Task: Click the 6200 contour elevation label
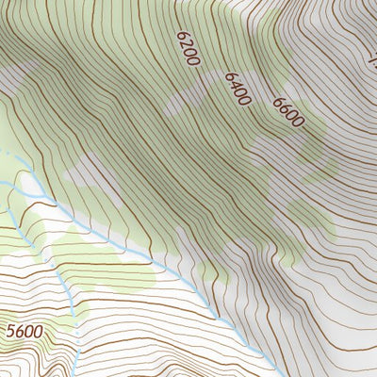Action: pyautogui.click(x=188, y=48)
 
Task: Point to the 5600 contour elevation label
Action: pyautogui.click(x=25, y=332)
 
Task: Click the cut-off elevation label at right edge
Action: pyautogui.click(x=372, y=64)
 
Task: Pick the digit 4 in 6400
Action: pyautogui.click(x=235, y=87)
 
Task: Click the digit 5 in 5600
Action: pyautogui.click(x=11, y=332)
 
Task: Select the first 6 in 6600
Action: pyautogui.click(x=278, y=102)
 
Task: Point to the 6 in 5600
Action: pyautogui.click(x=20, y=332)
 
